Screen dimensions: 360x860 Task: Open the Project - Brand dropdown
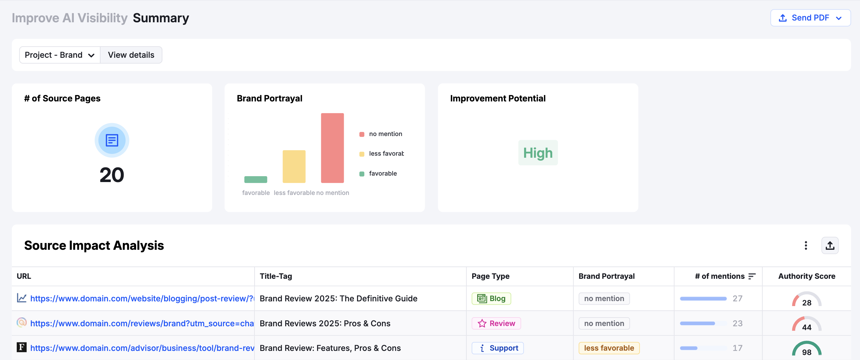(60, 55)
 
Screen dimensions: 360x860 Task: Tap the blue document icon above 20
(112, 140)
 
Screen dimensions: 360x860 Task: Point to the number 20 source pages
(112, 175)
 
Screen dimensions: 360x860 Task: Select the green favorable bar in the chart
(256, 179)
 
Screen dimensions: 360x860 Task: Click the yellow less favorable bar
(294, 166)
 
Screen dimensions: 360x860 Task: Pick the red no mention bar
(332, 148)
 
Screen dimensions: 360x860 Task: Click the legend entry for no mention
(385, 134)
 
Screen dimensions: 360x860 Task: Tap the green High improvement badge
(538, 153)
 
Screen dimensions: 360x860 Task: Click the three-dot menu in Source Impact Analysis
(805, 245)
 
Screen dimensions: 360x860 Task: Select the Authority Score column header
(807, 276)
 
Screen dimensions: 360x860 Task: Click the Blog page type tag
(491, 298)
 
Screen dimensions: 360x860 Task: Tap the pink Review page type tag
(496, 323)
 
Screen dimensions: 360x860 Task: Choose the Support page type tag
(497, 348)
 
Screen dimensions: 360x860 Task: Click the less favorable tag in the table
(609, 348)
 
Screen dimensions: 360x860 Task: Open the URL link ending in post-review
(142, 298)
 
